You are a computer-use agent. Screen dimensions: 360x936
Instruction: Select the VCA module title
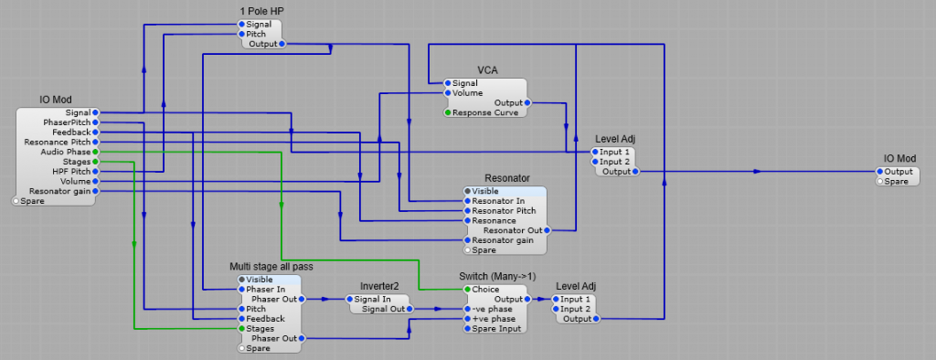487,70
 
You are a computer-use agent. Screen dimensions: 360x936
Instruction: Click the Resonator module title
506,177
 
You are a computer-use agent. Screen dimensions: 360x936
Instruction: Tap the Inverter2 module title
380,286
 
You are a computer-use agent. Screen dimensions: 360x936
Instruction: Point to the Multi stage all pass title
271,267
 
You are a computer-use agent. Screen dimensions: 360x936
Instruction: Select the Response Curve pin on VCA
448,112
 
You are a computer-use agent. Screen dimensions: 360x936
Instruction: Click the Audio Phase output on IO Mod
95,152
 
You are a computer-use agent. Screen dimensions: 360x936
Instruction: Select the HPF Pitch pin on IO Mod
95,172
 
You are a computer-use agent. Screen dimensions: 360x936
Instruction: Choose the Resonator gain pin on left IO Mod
95,191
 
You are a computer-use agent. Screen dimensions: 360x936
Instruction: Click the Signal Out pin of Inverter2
410,309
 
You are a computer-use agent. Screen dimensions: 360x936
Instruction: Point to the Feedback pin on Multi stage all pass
242,319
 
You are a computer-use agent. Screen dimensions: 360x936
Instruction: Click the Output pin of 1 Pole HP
282,43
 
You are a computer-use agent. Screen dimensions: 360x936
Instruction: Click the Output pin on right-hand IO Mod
880,172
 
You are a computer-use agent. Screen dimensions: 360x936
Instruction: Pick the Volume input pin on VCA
448,92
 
